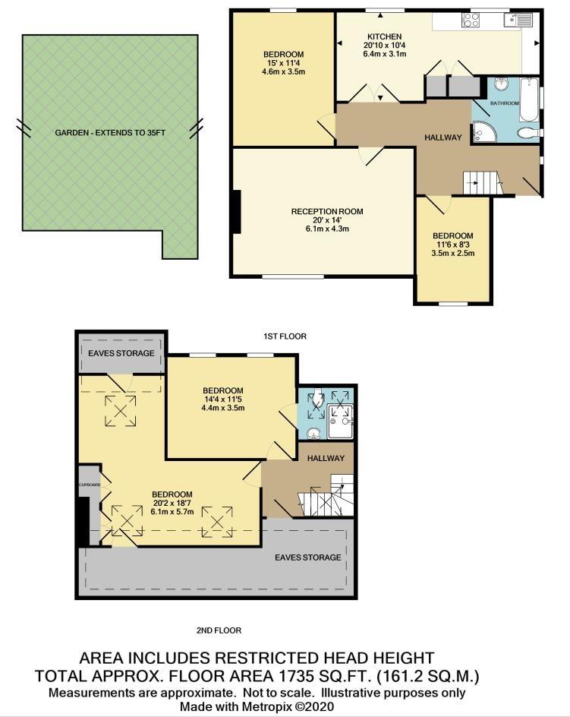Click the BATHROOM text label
pos(504,103)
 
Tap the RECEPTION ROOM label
pos(328,211)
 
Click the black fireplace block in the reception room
pos(237,212)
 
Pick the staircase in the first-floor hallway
pos(482,182)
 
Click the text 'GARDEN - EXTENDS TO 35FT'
pos(110,132)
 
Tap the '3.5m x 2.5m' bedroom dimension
pos(453,253)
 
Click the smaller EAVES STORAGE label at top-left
pos(121,353)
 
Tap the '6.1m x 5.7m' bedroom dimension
pos(171,511)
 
